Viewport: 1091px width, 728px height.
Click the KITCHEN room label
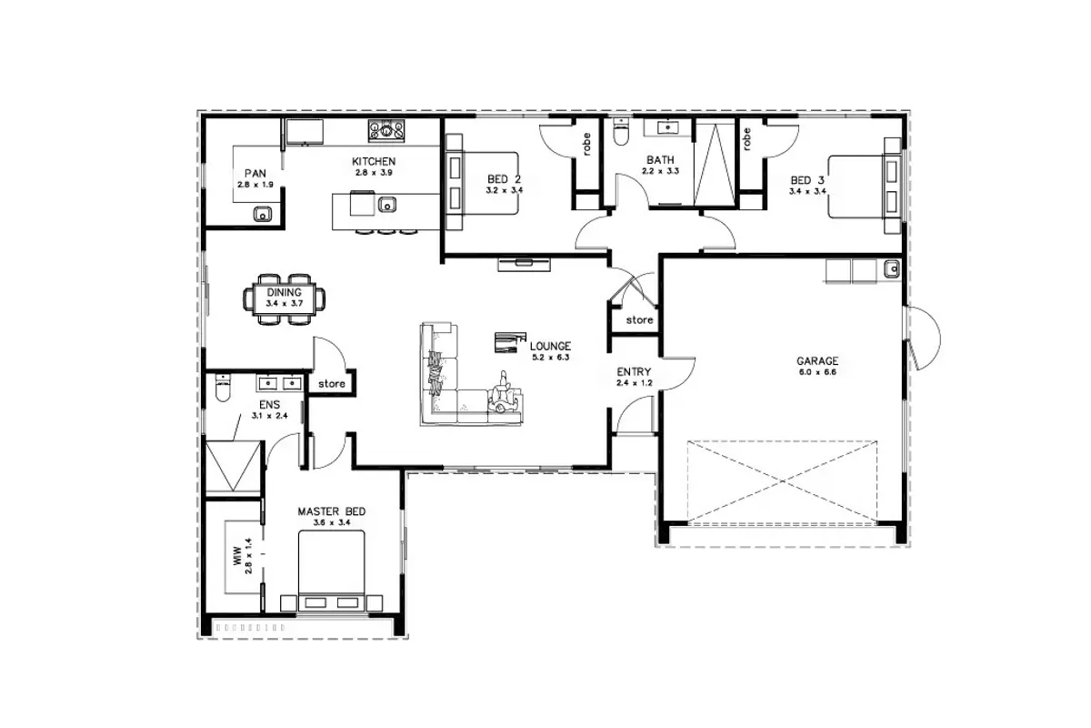(x=374, y=161)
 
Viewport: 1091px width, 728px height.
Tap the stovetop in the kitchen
(x=386, y=131)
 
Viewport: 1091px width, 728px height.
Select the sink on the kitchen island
(x=387, y=205)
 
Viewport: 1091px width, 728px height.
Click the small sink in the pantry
(x=263, y=214)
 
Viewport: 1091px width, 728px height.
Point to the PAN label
(x=255, y=174)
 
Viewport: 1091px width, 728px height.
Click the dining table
(x=284, y=298)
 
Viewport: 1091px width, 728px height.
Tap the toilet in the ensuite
(x=223, y=387)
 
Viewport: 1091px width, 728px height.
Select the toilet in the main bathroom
(x=621, y=131)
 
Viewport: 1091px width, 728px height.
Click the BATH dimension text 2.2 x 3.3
(x=660, y=171)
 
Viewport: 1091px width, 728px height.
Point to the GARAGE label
(x=817, y=361)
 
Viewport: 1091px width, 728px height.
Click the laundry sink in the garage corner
(x=892, y=268)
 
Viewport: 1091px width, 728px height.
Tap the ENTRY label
(x=634, y=372)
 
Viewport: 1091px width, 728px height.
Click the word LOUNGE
(x=550, y=346)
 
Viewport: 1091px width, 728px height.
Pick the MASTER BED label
(x=332, y=511)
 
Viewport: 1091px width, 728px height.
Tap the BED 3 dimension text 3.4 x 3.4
(x=807, y=192)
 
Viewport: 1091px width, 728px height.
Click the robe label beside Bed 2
(x=586, y=144)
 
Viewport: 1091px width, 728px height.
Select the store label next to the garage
(x=639, y=320)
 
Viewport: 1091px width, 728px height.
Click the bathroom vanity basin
(x=667, y=127)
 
